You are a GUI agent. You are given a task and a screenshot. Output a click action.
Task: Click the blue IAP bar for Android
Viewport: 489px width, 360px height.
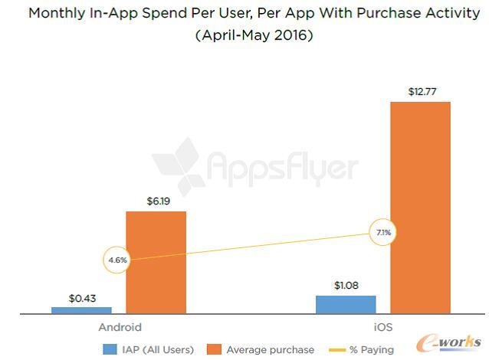tap(81, 309)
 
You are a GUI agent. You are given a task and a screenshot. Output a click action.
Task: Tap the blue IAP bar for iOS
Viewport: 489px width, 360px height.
tap(346, 304)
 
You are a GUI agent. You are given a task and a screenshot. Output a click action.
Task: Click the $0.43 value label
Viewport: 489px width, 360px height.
tap(81, 297)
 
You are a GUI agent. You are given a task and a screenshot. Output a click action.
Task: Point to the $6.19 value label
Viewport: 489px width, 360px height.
tap(156, 201)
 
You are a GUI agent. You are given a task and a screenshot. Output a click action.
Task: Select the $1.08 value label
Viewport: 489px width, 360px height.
tap(346, 285)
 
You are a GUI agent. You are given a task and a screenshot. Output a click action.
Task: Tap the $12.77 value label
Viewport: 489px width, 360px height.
tap(420, 92)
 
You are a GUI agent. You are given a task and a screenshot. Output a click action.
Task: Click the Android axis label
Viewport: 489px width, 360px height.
tap(120, 327)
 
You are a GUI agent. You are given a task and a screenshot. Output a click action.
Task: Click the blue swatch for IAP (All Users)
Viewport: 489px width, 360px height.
tap(109, 349)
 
